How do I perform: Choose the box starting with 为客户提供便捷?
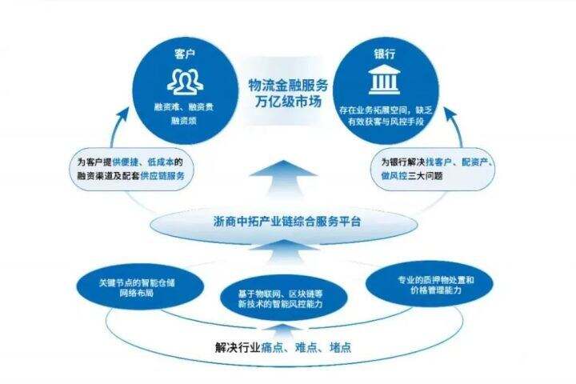point(130,167)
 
